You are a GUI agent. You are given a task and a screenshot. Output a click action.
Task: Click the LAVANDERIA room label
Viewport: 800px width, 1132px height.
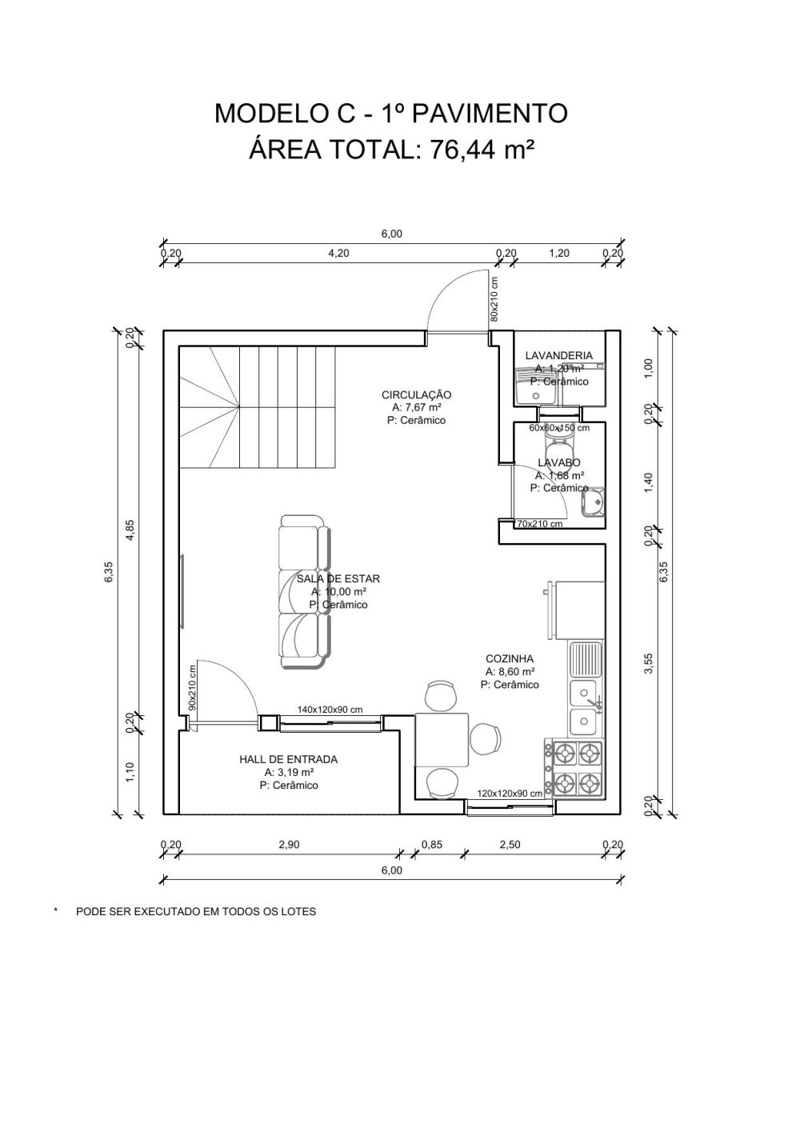[558, 355]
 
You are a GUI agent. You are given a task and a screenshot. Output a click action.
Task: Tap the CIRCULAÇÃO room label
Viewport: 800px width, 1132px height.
[416, 394]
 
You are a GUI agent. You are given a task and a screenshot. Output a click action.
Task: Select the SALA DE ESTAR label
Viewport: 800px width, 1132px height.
[338, 578]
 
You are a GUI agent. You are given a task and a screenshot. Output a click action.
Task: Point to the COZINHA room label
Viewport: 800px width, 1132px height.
[510, 659]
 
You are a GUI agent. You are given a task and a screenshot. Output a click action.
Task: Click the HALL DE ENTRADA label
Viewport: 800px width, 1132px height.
[288, 759]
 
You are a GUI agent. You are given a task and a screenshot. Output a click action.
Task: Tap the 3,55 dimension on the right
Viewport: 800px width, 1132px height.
[650, 664]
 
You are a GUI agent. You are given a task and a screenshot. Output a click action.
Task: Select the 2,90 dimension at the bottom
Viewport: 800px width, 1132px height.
[288, 843]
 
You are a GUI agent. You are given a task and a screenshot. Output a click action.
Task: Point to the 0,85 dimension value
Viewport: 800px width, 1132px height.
[431, 843]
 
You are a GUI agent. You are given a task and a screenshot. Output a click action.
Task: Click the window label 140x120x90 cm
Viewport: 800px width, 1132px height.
[330, 710]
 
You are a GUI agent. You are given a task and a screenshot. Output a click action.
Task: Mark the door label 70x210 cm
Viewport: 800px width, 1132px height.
[539, 525]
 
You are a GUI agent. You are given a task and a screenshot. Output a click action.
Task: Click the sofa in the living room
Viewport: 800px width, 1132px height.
[302, 593]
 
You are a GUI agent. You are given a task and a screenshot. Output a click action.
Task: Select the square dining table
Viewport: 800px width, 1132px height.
[442, 739]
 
